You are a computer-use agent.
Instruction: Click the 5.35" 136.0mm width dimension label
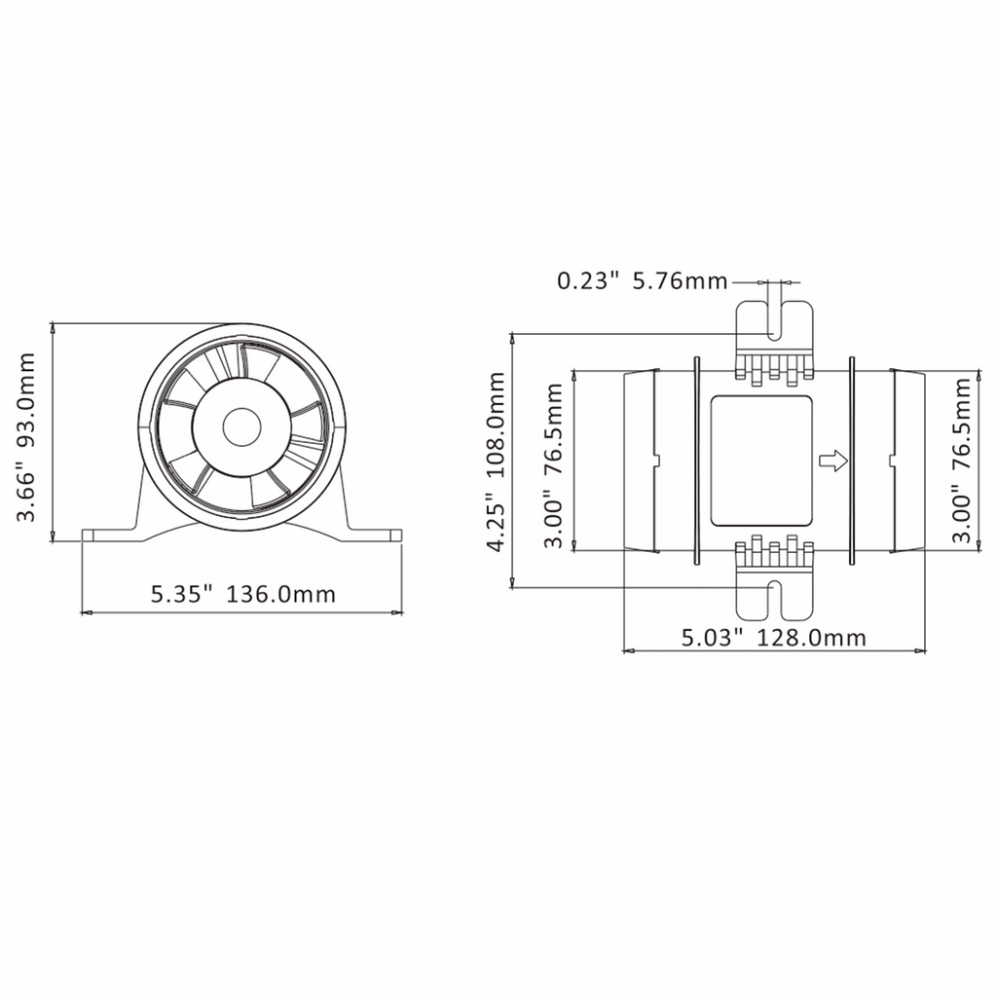pos(242,595)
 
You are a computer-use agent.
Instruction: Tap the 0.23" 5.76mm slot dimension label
pos(643,280)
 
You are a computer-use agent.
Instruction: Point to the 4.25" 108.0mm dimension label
pos(496,462)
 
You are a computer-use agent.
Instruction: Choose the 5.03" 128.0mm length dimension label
pos(774,638)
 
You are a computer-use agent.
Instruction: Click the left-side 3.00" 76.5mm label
pos(553,465)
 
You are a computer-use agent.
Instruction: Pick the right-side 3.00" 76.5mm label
pos(963,461)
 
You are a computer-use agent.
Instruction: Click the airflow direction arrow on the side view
pos(833,461)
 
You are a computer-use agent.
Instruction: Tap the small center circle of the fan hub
pos(241,426)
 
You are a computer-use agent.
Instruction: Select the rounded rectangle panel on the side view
pos(761,461)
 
